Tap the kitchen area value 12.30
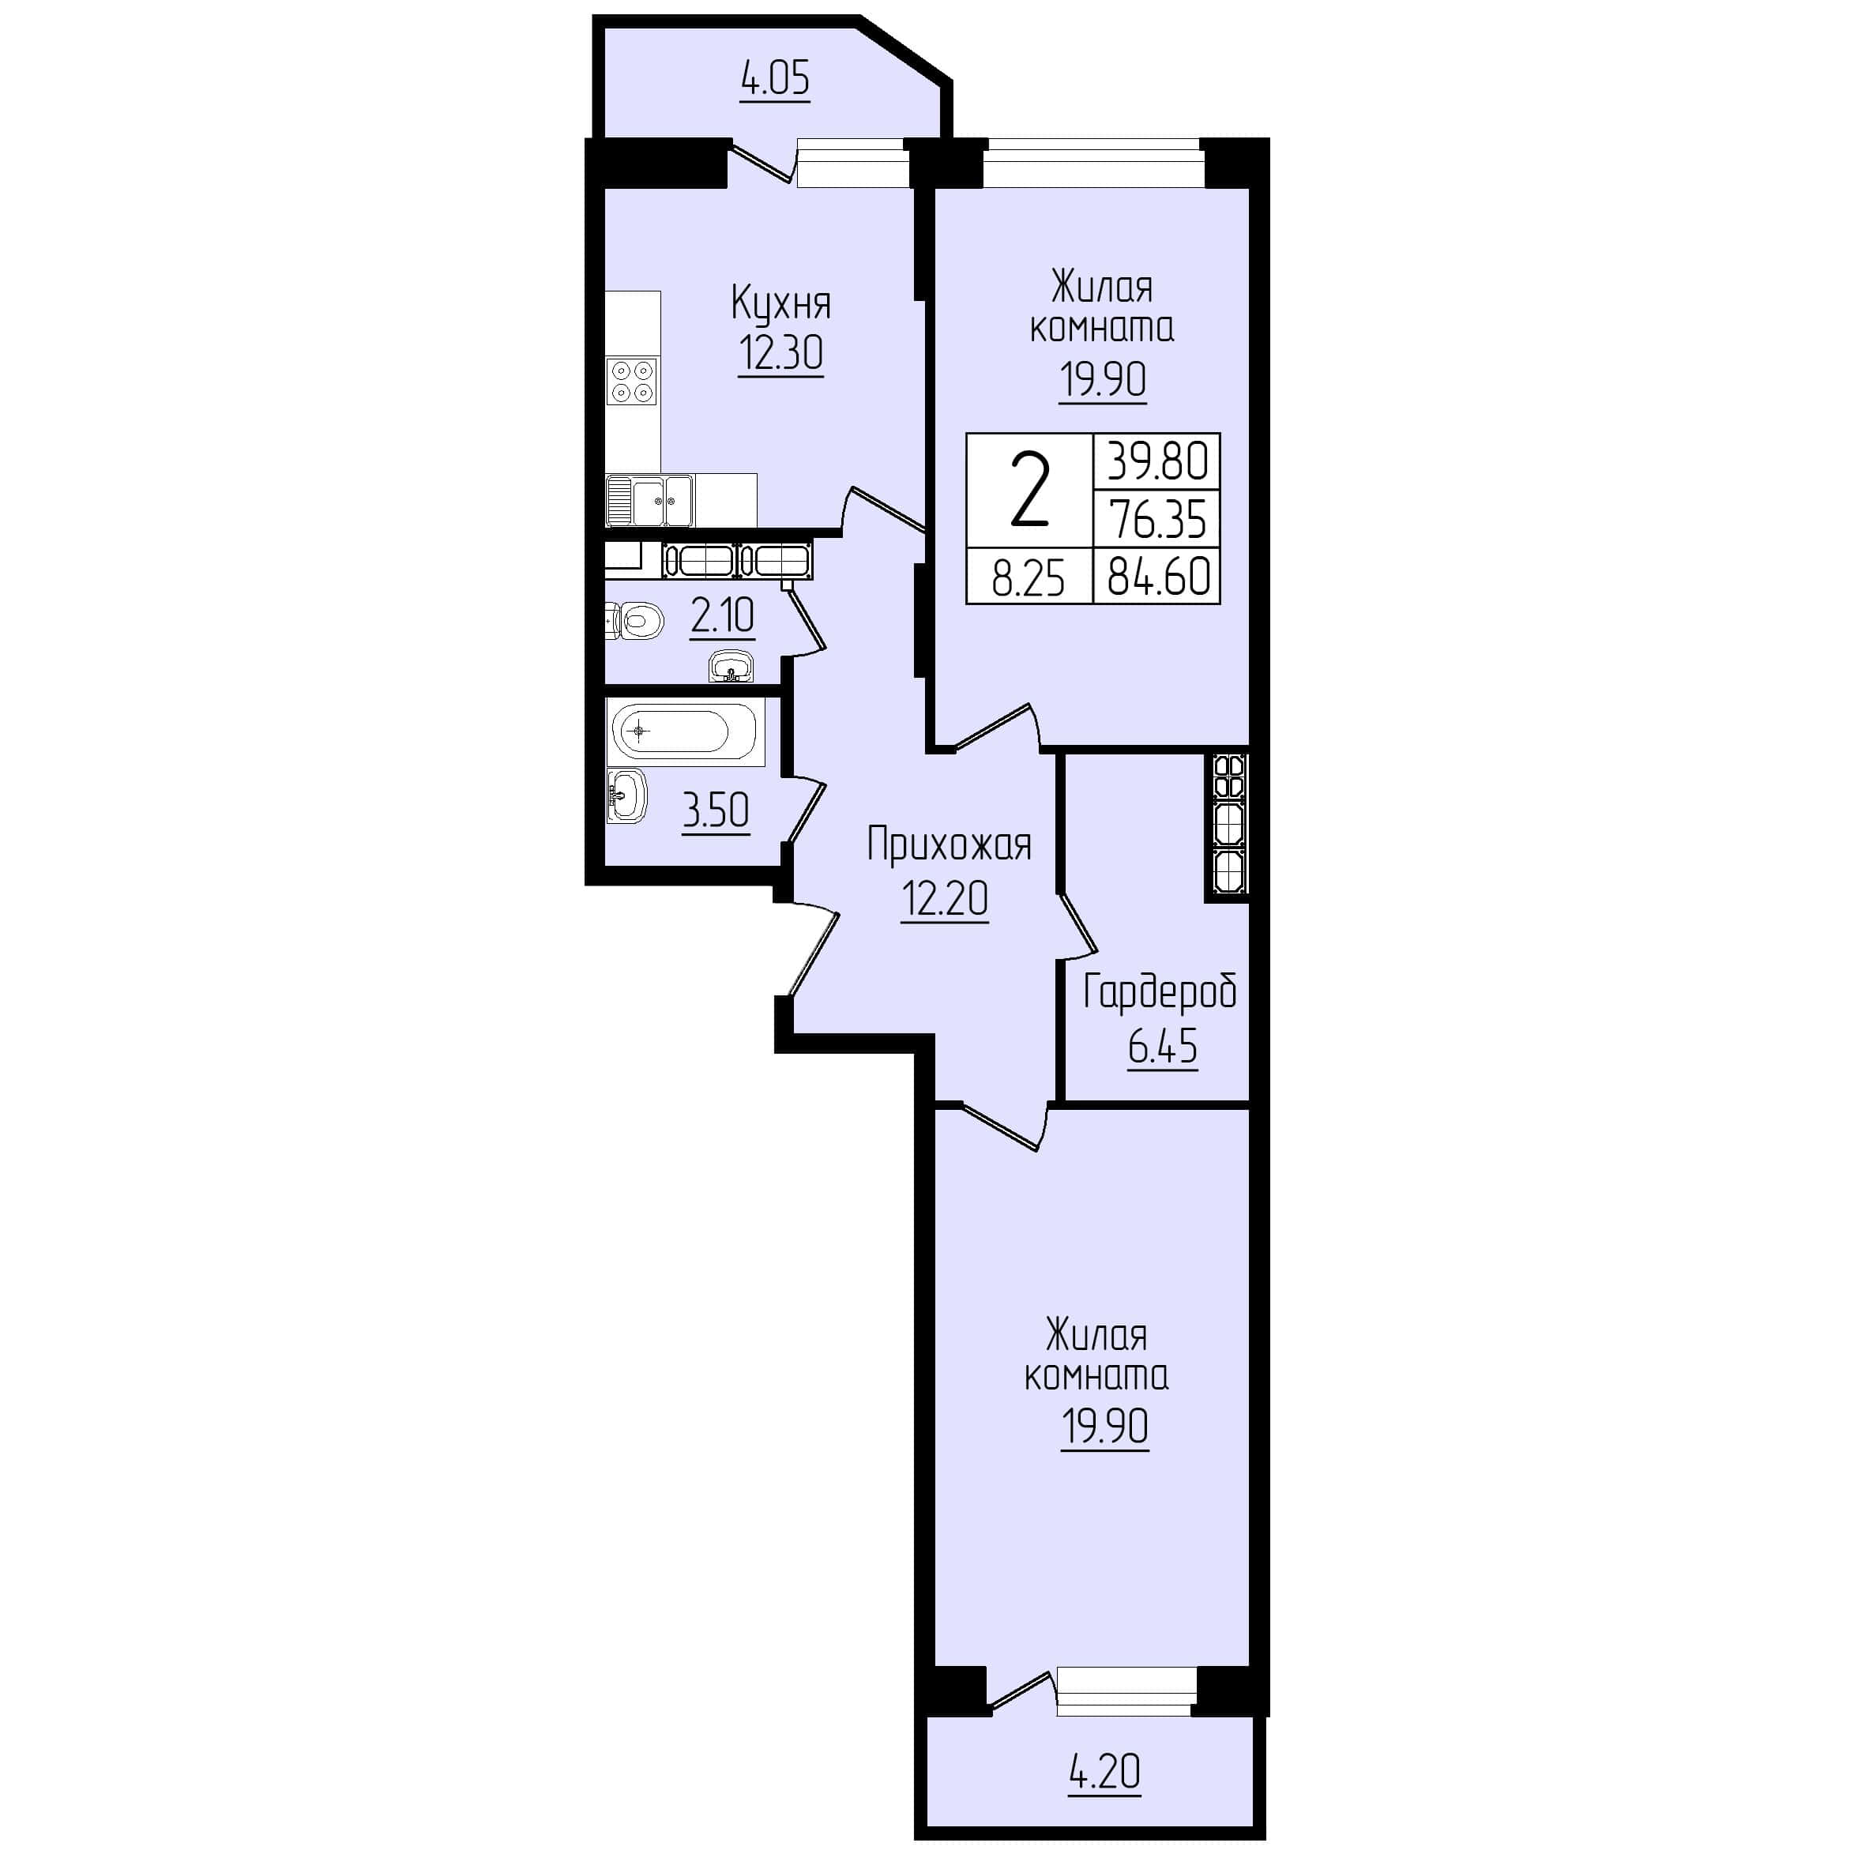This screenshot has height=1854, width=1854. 780,353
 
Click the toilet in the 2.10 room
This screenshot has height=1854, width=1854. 634,621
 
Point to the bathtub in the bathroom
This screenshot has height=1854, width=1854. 685,732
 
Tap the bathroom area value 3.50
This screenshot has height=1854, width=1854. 715,811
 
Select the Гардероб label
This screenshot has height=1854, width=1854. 1159,993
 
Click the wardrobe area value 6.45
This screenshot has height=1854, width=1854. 1162,1046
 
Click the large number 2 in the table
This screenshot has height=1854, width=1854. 1029,491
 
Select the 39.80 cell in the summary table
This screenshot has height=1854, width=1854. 1157,461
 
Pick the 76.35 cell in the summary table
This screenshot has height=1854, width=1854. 1157,519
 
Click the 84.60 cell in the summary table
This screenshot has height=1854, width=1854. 1158,577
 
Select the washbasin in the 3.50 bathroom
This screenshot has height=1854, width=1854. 626,796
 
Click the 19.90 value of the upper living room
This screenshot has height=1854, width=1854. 1103,380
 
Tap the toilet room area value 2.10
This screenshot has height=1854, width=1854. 722,616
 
